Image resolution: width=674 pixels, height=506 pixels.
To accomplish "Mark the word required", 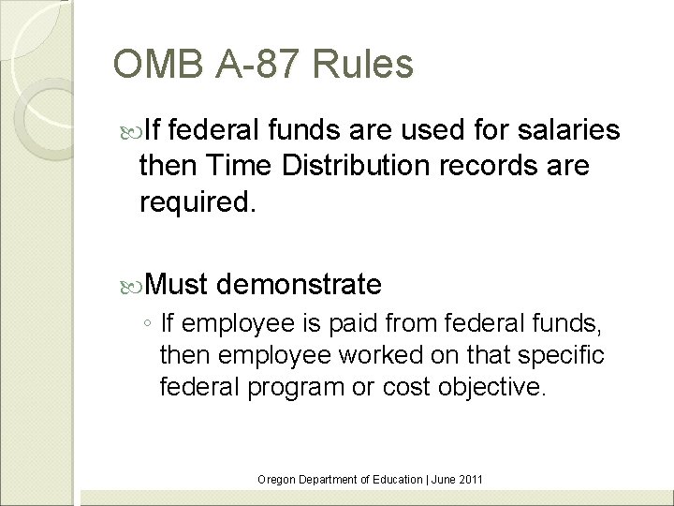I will (197, 201).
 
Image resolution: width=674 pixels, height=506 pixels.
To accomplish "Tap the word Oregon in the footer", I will (276, 479).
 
